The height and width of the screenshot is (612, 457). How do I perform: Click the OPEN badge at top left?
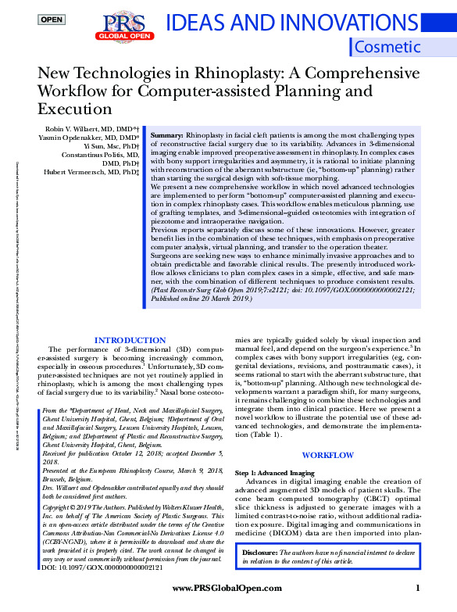[52, 19]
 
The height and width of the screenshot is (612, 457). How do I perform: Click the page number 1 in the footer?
[418, 587]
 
